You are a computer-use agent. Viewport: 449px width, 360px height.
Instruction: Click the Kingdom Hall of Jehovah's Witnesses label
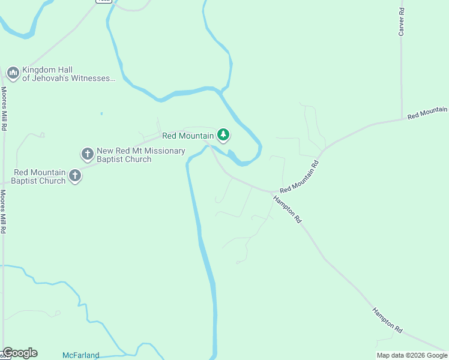click(x=67, y=74)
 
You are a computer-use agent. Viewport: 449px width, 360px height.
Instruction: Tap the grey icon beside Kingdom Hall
click(x=13, y=73)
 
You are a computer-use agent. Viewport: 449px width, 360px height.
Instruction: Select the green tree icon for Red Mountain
click(x=223, y=135)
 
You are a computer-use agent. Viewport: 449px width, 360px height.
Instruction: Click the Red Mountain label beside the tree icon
click(x=188, y=136)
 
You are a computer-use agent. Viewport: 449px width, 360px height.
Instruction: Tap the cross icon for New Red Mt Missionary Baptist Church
click(x=88, y=154)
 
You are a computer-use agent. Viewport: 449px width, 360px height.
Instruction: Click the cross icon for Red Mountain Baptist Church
click(x=75, y=176)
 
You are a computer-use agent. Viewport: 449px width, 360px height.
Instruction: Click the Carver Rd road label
click(x=402, y=22)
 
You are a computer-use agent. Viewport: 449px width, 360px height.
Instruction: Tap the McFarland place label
click(x=80, y=355)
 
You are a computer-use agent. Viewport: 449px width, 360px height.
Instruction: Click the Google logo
click(x=20, y=353)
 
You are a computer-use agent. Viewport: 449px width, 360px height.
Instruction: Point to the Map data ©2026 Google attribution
click(x=412, y=355)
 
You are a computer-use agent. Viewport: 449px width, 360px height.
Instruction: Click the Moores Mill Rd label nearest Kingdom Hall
click(x=4, y=109)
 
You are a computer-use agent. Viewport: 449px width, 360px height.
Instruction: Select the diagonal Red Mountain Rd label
click(x=298, y=176)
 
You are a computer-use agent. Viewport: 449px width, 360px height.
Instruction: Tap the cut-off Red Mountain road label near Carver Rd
click(x=427, y=112)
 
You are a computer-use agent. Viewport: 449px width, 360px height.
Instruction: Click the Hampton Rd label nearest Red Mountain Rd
click(x=288, y=209)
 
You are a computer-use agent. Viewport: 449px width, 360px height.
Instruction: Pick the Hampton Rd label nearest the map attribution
click(x=387, y=320)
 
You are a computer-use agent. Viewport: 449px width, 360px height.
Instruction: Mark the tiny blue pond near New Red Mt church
click(x=101, y=113)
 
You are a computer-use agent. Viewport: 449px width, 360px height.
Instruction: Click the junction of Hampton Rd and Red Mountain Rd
click(x=273, y=193)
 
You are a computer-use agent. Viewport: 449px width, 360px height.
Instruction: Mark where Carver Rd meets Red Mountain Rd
click(x=403, y=119)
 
